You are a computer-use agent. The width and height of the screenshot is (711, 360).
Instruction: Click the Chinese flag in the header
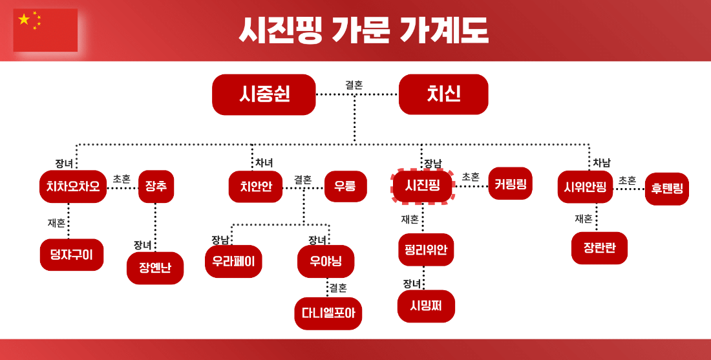tap(45, 30)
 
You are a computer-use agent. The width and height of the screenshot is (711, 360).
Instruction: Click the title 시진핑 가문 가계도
tap(363, 30)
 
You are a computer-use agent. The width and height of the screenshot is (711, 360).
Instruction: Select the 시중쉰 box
tap(264, 94)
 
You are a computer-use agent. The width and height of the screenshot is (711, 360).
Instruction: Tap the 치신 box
tap(443, 94)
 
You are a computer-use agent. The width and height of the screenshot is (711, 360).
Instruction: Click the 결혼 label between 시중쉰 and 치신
tap(354, 85)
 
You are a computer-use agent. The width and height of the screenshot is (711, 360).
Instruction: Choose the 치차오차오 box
tap(73, 187)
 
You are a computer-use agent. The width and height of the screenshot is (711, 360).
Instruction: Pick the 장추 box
tap(156, 187)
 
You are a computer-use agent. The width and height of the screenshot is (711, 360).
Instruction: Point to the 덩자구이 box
tap(72, 255)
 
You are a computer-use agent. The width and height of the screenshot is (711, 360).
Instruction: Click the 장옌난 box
tap(155, 268)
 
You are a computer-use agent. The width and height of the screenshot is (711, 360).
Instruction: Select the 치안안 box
tap(255, 187)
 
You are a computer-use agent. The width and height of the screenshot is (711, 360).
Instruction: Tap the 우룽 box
tap(345, 187)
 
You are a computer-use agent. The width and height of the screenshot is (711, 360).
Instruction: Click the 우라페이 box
tap(233, 261)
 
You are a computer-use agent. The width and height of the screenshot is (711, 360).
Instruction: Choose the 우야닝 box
tap(326, 261)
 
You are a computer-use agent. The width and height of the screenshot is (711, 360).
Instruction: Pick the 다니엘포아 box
tap(328, 313)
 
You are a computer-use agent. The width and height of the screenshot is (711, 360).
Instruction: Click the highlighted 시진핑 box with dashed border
tap(423, 185)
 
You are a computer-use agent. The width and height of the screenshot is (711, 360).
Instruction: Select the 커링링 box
tap(511, 184)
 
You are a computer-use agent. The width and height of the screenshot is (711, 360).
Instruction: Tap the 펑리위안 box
tap(426, 249)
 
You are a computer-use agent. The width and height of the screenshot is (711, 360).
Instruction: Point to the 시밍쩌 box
tap(426, 306)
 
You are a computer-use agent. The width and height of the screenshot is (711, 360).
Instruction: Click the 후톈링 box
tap(666, 189)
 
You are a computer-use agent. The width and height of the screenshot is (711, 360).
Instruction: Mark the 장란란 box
tap(599, 248)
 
